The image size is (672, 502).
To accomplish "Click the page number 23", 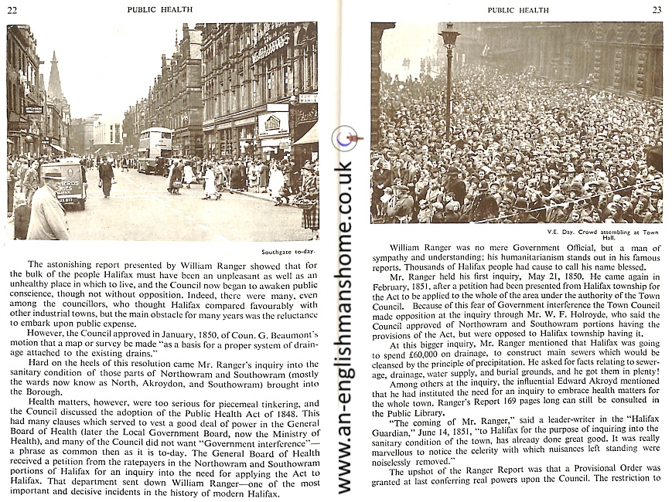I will click(657, 10).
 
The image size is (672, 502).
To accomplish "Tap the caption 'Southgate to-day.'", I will click(288, 252).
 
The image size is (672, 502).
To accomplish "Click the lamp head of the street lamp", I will click(449, 35).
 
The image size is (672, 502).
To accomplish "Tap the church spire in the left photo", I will click(55, 77).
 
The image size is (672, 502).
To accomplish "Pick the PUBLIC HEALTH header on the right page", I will click(517, 10).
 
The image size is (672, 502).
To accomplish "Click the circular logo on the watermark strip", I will click(343, 138).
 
